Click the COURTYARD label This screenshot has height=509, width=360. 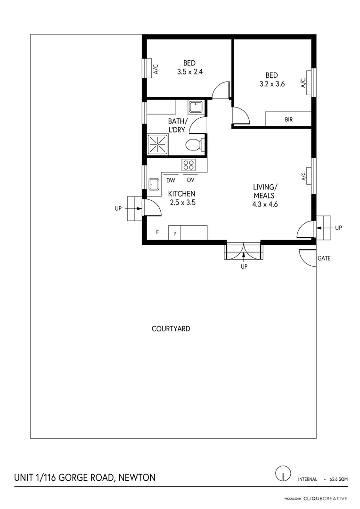[171, 328]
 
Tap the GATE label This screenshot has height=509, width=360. [324, 258]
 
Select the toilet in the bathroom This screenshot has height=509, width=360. [193, 145]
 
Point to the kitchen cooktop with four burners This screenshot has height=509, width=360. [188, 165]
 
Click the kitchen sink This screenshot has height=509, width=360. [154, 183]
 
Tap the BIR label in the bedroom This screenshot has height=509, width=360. [288, 120]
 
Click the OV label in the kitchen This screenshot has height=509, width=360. [190, 180]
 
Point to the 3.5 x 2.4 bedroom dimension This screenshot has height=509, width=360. [189, 72]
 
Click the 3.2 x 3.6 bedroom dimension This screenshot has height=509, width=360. [271, 84]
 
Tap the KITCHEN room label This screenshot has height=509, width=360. [182, 194]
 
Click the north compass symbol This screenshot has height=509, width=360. [282, 473]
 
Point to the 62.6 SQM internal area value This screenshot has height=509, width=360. [338, 479]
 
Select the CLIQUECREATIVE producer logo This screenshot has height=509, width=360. [325, 498]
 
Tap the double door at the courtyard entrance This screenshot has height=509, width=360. [243, 251]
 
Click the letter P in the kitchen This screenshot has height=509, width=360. [175, 233]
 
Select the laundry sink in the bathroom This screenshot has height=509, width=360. [195, 107]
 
